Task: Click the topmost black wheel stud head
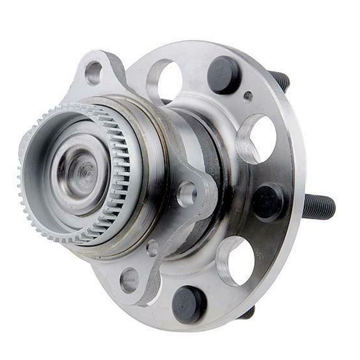click(x=224, y=74)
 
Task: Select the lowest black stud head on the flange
click(x=189, y=304)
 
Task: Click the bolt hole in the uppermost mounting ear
click(x=94, y=72)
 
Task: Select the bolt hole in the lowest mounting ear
click(x=130, y=279)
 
